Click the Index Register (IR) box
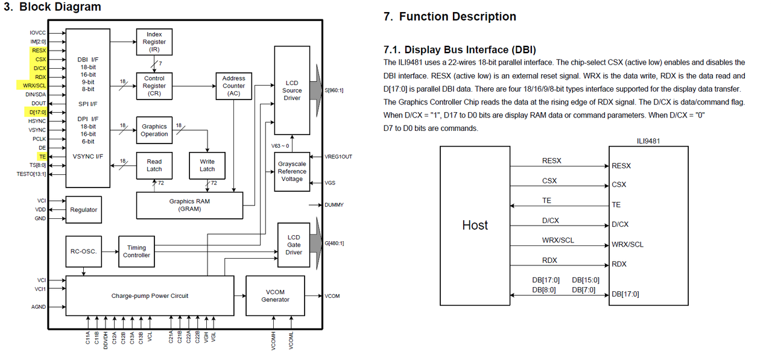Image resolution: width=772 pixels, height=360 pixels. [x=154, y=42]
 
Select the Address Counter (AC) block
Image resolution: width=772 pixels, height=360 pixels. [x=233, y=86]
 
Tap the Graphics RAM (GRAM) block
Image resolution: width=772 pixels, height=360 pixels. [x=189, y=205]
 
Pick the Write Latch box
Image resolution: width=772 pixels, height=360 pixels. [x=207, y=165]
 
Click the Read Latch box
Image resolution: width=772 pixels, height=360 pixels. [x=154, y=165]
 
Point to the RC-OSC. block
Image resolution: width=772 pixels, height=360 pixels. [x=83, y=251]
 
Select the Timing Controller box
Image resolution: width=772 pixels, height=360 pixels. [x=136, y=251]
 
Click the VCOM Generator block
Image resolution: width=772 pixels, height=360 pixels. [x=275, y=295]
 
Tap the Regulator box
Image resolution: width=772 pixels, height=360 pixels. [x=83, y=210]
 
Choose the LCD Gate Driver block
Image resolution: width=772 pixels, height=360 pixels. [x=294, y=245]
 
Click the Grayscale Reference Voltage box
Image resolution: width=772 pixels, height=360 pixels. [x=292, y=172]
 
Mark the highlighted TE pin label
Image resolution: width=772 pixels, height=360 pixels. [x=42, y=156]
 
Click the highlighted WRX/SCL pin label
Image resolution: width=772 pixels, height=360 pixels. [x=34, y=86]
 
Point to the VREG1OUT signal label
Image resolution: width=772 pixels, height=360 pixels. [x=338, y=157]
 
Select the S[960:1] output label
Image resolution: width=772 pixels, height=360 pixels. [x=334, y=90]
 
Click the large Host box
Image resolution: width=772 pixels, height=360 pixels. [x=475, y=226]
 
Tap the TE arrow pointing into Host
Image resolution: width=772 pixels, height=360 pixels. [x=560, y=206]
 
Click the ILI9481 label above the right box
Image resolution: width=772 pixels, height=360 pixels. [x=648, y=141]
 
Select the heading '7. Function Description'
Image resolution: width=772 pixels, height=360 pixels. [x=450, y=16]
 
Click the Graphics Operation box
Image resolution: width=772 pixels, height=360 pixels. [x=154, y=130]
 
